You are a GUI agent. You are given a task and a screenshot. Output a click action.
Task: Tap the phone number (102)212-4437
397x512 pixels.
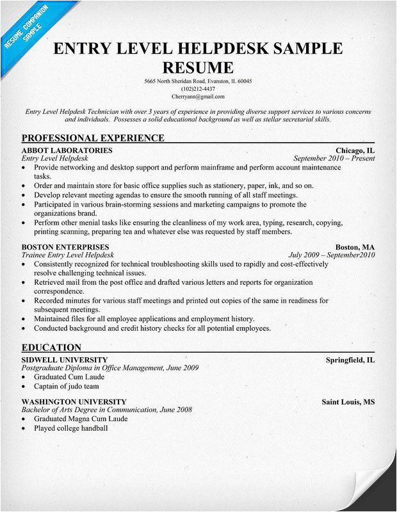click(198, 89)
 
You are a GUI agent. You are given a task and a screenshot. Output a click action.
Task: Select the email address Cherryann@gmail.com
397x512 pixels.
click(198, 97)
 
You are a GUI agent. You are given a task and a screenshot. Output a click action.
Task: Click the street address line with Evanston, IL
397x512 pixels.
click(198, 81)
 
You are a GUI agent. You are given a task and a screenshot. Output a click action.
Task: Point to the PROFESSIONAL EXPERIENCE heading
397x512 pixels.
click(93, 138)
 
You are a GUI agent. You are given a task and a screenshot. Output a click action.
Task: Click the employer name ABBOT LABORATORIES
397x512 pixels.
click(67, 150)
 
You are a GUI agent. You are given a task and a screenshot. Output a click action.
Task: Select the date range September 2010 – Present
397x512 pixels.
click(334, 158)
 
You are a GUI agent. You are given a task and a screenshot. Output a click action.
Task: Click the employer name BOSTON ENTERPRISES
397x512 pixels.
click(65, 247)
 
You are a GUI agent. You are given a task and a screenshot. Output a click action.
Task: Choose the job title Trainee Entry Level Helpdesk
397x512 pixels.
click(68, 255)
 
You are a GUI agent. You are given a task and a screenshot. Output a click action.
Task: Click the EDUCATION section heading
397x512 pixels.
click(51, 347)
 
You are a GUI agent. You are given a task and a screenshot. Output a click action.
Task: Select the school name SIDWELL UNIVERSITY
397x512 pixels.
click(65, 360)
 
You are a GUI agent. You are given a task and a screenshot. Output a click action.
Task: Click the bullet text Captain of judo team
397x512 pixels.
click(67, 386)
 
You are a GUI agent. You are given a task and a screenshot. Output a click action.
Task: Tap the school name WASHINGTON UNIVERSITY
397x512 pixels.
click(72, 401)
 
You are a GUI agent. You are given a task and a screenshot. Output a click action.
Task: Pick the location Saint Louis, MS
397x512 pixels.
click(348, 401)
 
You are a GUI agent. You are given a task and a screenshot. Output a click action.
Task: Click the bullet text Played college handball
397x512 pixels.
click(70, 428)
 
